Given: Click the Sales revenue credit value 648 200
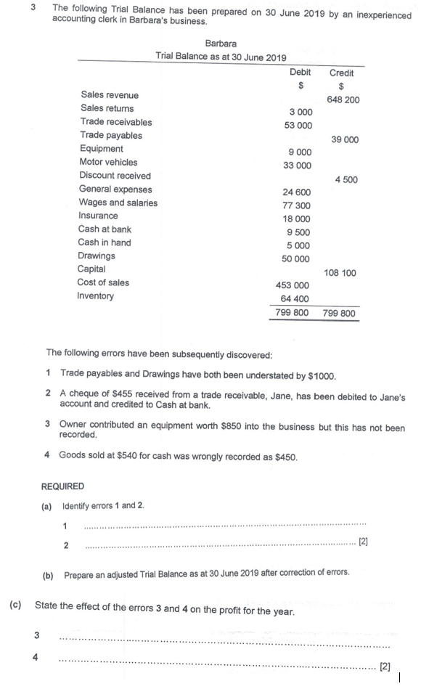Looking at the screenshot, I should pyautogui.click(x=343, y=99).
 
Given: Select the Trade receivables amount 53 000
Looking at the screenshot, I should pyautogui.click(x=298, y=125).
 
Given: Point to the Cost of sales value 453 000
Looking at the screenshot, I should pyautogui.click(x=293, y=285).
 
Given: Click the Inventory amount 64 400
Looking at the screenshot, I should pyautogui.click(x=295, y=298).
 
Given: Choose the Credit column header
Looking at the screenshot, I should pyautogui.click(x=341, y=73).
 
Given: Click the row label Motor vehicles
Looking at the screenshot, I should pyautogui.click(x=108, y=162).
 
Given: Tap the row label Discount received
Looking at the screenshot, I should pyautogui.click(x=115, y=176).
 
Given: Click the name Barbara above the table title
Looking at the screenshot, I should pyautogui.click(x=221, y=44).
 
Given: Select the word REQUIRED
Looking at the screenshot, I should pyautogui.click(x=62, y=486).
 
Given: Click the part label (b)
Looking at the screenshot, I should pyautogui.click(x=49, y=574).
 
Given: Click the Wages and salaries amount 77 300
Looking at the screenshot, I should pyautogui.click(x=296, y=205).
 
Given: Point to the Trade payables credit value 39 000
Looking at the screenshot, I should pyautogui.click(x=345, y=139).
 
